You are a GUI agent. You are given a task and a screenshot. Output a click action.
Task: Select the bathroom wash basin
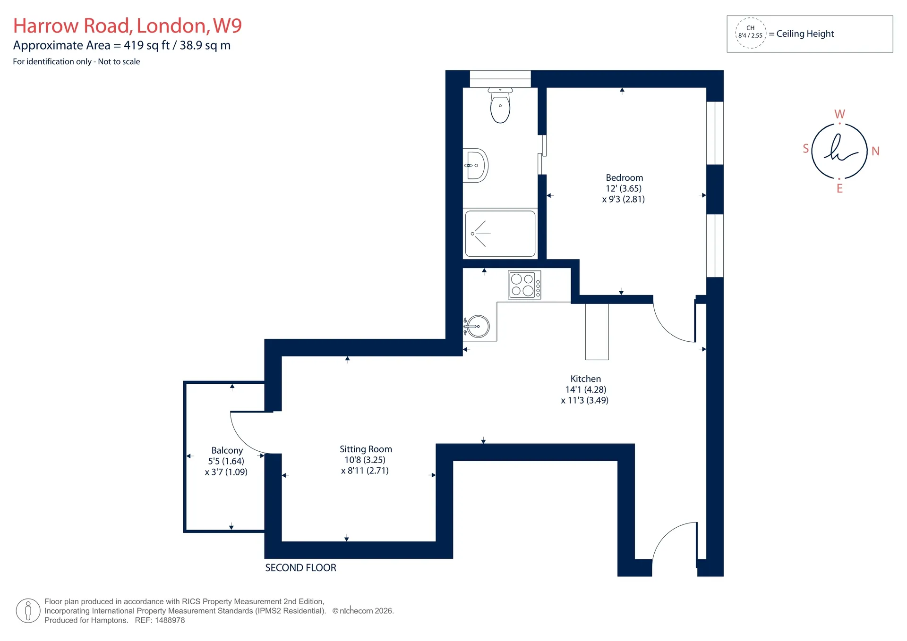(x=476, y=165)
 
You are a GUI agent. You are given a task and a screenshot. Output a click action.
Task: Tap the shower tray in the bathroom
(x=500, y=234)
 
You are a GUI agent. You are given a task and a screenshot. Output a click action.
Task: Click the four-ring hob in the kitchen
(x=524, y=285)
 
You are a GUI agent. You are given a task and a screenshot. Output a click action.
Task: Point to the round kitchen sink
(x=478, y=326)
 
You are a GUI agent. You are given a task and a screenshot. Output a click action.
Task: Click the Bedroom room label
(x=624, y=178)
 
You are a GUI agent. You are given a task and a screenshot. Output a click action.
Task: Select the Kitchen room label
(x=586, y=379)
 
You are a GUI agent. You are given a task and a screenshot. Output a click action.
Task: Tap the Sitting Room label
(x=366, y=449)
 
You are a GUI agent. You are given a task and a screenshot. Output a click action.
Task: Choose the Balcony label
(x=227, y=451)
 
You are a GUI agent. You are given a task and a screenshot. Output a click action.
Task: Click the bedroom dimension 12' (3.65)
(x=624, y=188)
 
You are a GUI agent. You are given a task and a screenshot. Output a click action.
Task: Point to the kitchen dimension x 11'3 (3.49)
(x=585, y=400)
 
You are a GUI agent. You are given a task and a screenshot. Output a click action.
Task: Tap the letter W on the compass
(x=839, y=114)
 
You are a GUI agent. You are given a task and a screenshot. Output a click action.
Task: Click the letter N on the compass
(x=875, y=151)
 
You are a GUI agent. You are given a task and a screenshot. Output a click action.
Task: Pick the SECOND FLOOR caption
(x=300, y=568)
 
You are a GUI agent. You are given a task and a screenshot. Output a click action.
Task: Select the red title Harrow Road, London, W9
(x=128, y=26)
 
